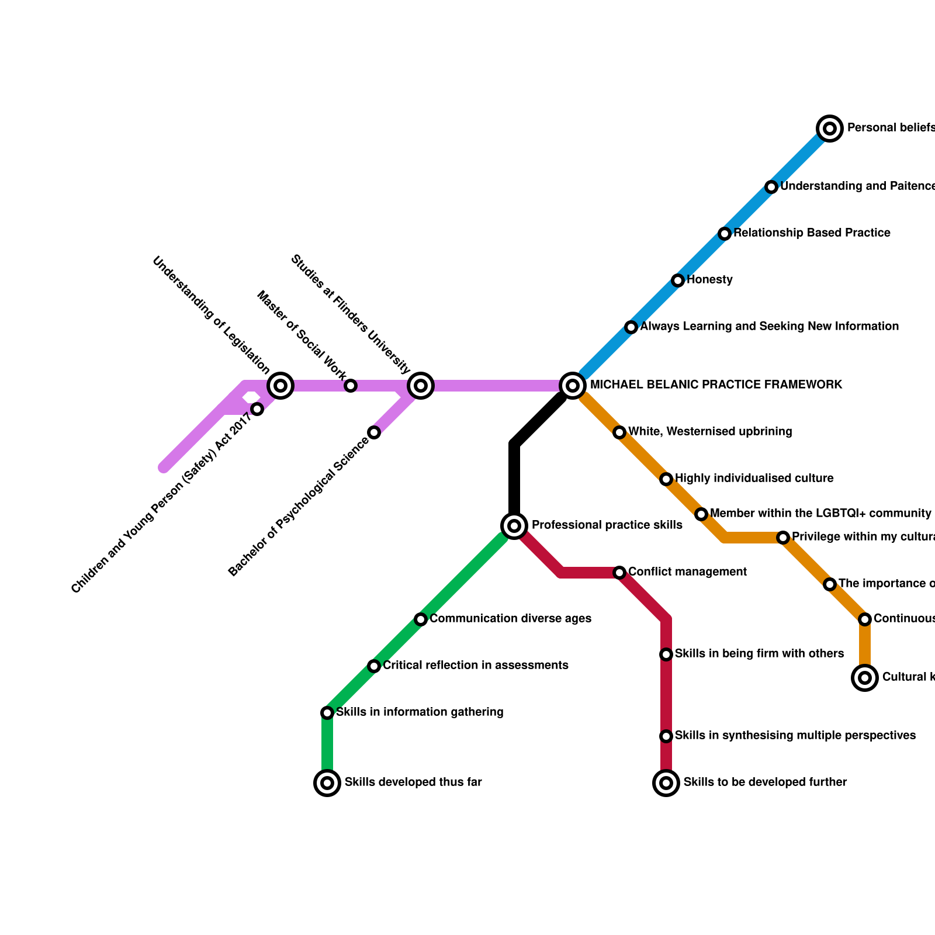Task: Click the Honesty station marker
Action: click(x=678, y=280)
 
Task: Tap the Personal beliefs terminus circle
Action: click(x=830, y=129)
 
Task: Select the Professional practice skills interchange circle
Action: click(x=514, y=526)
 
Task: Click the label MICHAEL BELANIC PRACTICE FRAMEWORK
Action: click(x=716, y=385)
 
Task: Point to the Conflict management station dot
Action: click(x=619, y=573)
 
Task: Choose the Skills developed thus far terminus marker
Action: click(x=327, y=783)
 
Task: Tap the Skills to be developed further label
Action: click(x=765, y=782)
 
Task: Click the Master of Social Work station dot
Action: click(x=351, y=386)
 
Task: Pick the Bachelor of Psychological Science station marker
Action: click(x=374, y=432)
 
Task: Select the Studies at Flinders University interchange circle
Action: click(x=421, y=386)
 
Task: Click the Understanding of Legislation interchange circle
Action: click(x=280, y=386)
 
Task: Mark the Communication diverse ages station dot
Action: click(x=421, y=619)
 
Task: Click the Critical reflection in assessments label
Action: click(x=475, y=666)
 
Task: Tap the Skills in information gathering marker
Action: click(x=327, y=713)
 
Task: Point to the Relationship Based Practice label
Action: click(x=812, y=233)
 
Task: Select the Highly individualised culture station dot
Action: click(x=666, y=479)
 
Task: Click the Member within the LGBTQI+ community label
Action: click(x=820, y=514)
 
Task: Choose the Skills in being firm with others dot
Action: click(x=666, y=654)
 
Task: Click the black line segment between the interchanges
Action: click(x=515, y=467)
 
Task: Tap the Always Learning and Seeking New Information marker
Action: click(x=631, y=327)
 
